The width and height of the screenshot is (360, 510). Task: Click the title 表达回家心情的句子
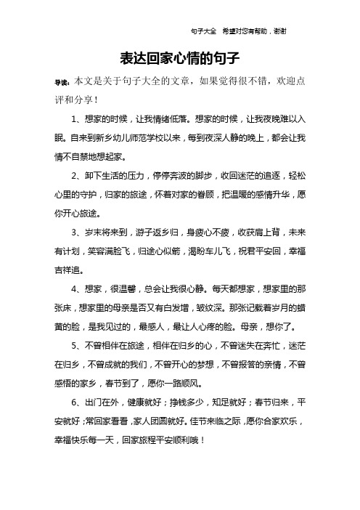179,57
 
